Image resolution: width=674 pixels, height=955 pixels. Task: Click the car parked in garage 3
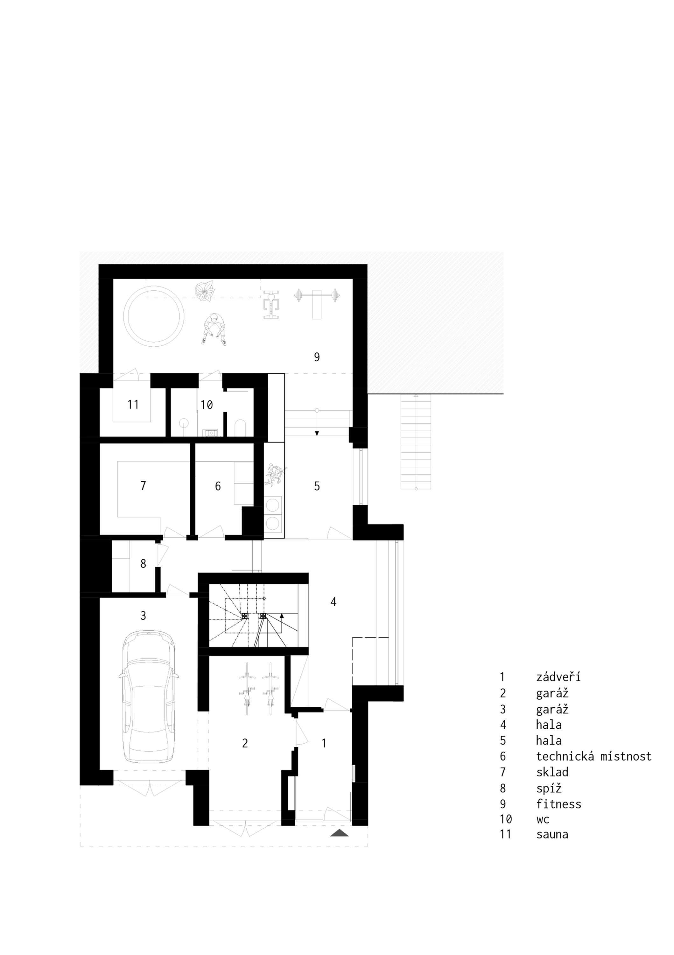pos(148,697)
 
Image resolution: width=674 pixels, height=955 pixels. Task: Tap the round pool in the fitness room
pos(154,316)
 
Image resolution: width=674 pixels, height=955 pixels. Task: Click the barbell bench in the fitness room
pos(317,304)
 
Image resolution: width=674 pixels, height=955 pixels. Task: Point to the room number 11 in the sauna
pos(133,404)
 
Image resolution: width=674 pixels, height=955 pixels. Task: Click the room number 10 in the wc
pos(207,405)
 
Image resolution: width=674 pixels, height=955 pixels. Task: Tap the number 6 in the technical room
pos(217,486)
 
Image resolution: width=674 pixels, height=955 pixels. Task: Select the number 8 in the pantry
pos(143,563)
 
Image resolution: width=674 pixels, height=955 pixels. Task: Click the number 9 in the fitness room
pos(317,357)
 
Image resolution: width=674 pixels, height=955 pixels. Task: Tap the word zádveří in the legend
pos(558,677)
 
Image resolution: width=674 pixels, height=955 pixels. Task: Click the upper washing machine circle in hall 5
pos(273,505)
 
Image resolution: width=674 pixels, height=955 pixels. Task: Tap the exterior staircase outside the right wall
pos(416,442)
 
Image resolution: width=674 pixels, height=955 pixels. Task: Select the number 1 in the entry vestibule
pos(324,743)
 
